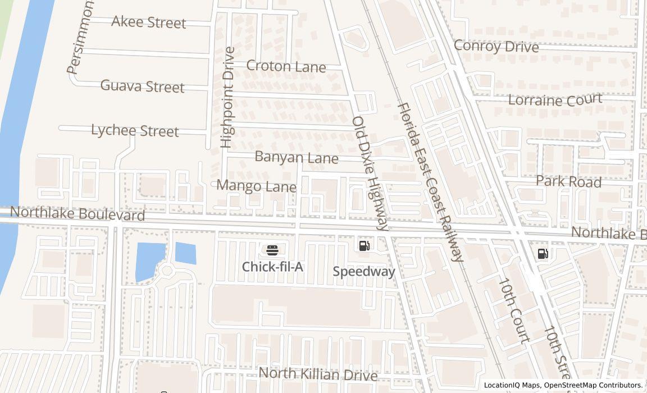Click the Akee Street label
pos(148,22)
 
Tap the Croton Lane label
pos(286,66)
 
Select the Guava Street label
pos(142,86)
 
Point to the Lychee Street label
pos(135,130)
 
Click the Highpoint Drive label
pos(227,97)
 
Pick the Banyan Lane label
pos(297,157)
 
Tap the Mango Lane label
pos(256,185)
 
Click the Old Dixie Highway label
pos(371,173)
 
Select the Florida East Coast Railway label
pos(431,182)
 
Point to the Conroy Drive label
pos(496,46)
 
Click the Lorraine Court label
pos(555,100)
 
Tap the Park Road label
pos(568,181)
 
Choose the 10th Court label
pos(514,310)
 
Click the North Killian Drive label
pos(317,374)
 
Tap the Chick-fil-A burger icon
pos(272,250)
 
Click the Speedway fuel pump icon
pos(364,245)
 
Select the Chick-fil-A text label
pos(272,267)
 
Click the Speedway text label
pos(364,271)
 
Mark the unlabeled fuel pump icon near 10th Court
pos(543,254)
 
